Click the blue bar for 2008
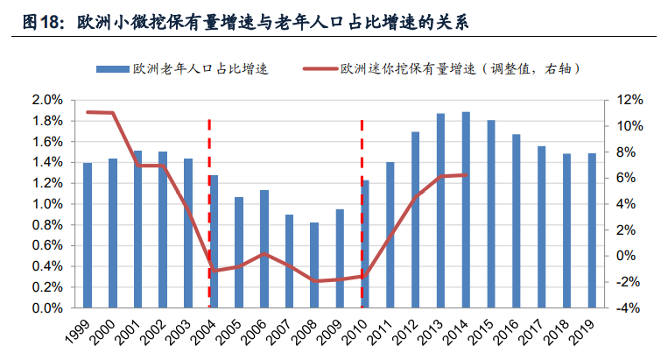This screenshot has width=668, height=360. (313, 265)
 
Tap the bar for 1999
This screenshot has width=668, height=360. (88, 235)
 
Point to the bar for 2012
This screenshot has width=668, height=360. (415, 220)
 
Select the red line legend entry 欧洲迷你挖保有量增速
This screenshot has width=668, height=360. (438, 68)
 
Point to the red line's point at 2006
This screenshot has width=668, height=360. (264, 254)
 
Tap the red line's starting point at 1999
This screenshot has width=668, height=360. (88, 112)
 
